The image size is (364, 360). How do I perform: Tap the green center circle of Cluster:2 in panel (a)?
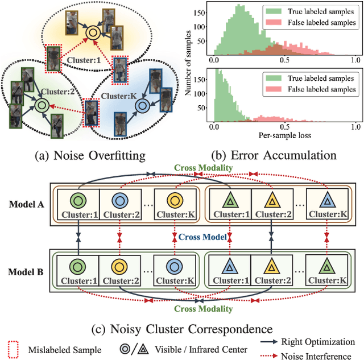(x=40, y=105)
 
